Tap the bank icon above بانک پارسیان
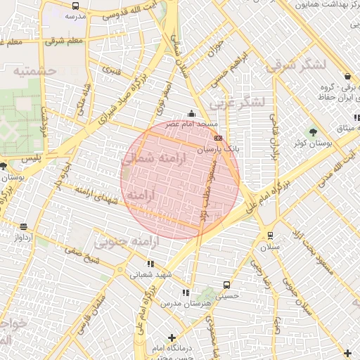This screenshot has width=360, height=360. coord(219,139)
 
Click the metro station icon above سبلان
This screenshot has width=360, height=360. coord(269,236)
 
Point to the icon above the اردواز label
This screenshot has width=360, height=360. coord(24,226)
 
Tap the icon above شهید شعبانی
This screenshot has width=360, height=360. coord(150,264)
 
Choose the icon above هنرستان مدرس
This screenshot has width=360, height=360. coord(186,292)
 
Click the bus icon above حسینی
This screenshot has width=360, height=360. coord(226,285)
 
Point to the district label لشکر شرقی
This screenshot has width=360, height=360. coord(295,65)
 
